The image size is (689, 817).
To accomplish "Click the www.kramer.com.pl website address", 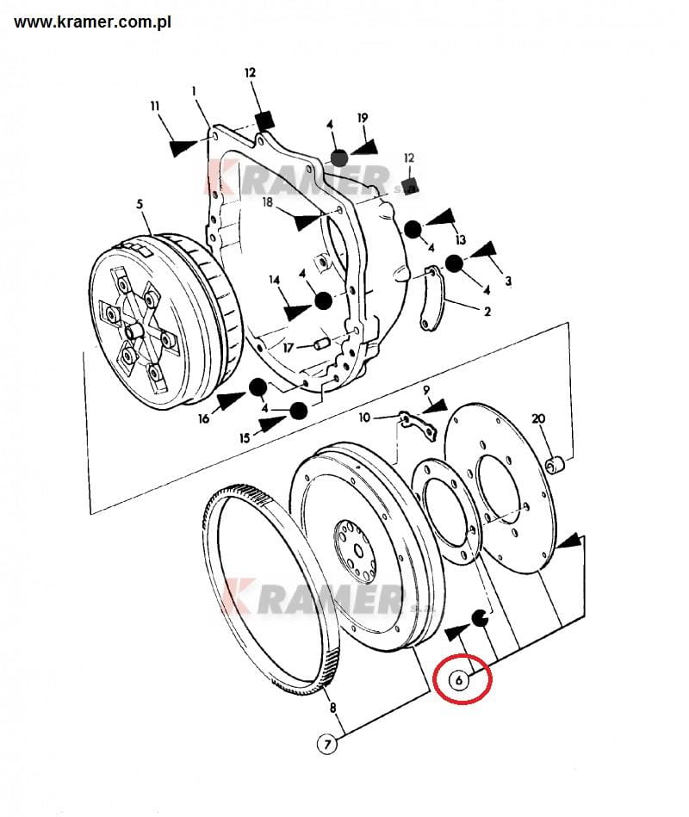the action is tap(92, 22).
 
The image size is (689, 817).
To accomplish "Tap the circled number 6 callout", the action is tap(459, 680).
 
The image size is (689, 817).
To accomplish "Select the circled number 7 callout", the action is tap(327, 744).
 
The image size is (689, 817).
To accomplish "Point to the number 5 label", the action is tap(140, 204).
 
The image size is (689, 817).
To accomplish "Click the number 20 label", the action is tap(538, 418).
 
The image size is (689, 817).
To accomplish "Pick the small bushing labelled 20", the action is tap(556, 465).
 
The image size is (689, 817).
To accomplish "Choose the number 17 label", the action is tap(289, 347).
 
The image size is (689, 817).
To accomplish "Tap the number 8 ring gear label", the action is tap(332, 708).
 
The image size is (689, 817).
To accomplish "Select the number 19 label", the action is tap(363, 118).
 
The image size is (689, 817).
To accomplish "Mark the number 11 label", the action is tap(155, 106).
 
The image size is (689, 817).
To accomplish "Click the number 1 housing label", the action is tap(194, 90).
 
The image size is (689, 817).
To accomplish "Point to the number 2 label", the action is tap(487, 312).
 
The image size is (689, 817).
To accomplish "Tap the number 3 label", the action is tap(508, 281).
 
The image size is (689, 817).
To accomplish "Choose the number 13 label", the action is tap(460, 239).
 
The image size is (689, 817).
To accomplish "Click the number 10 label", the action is tap(364, 418).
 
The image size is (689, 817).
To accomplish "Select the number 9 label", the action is tap(426, 390).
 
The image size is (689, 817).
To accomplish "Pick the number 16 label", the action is tap(204, 418).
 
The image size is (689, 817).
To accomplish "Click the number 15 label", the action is tap(245, 438).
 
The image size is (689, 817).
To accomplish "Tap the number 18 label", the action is tap(267, 201).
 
